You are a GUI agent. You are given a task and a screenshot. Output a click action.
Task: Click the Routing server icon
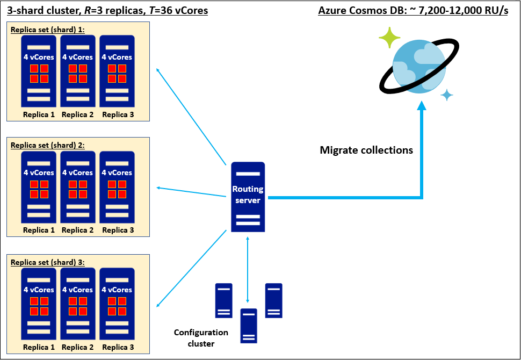[248, 197]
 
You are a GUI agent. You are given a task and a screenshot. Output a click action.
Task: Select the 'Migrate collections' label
[366, 150]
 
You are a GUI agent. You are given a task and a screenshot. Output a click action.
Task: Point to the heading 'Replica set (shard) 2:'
[47, 145]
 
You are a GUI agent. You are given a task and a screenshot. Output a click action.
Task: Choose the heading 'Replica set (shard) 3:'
[47, 262]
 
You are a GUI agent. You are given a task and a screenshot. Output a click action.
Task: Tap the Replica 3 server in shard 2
[117, 187]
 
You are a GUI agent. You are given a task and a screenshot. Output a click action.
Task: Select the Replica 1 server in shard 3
[39, 304]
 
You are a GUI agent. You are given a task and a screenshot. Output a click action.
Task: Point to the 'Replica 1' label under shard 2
[39, 230]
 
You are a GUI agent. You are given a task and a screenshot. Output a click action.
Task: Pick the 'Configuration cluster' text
[201, 338]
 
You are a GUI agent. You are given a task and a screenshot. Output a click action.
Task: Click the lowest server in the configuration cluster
[248, 326]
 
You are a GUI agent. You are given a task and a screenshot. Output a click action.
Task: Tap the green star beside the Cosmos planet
[389, 38]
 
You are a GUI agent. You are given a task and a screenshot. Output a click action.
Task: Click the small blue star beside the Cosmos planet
[447, 95]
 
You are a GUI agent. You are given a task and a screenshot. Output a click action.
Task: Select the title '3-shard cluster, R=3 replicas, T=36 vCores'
[107, 10]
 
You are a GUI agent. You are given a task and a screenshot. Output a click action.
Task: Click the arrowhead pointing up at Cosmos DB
[422, 107]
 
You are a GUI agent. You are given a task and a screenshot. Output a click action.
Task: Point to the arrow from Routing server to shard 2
[191, 192]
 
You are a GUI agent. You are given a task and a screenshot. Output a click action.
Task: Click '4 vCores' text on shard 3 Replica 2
[78, 290]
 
